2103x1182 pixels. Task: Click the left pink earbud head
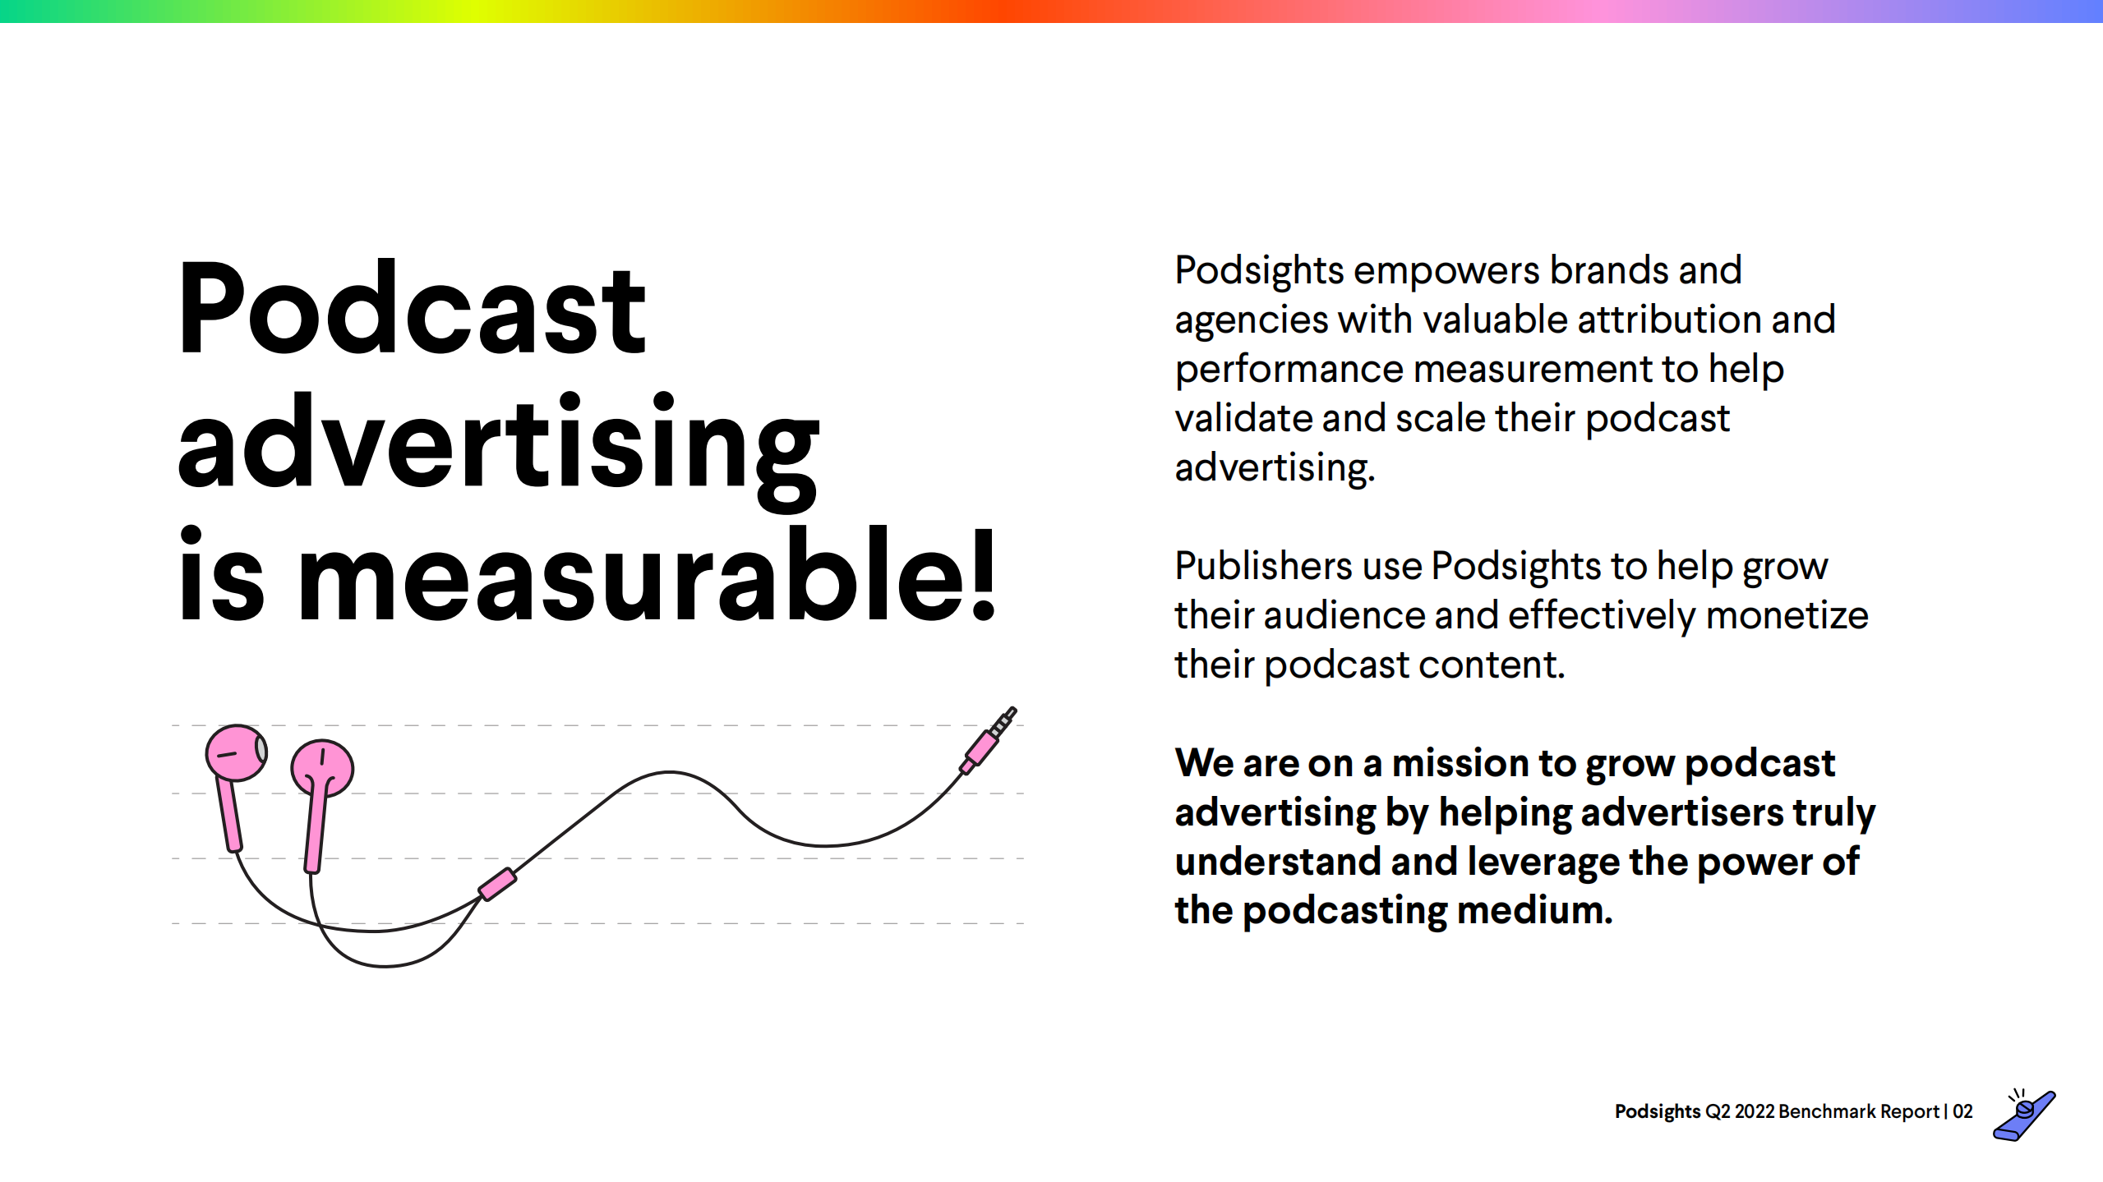[x=235, y=752]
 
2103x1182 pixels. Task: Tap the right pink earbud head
[x=322, y=767]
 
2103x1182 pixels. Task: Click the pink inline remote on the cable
[x=498, y=885]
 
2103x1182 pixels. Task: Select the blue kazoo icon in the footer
[x=2024, y=1116]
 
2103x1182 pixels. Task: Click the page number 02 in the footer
[x=1962, y=1111]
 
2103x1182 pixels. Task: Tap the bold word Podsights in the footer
[x=1657, y=1111]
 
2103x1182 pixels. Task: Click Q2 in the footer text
[x=1718, y=1111]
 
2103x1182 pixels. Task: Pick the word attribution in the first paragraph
[x=1668, y=320]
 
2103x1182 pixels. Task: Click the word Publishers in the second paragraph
[x=1262, y=566]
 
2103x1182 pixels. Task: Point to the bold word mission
[x=1460, y=763]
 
